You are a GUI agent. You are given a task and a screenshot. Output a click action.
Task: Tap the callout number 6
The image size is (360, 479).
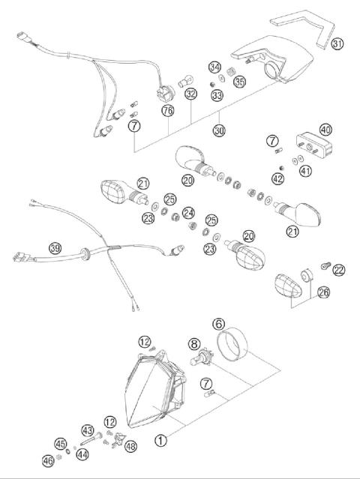[x=218, y=324]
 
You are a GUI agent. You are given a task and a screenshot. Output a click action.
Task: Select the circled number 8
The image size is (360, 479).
[x=193, y=345]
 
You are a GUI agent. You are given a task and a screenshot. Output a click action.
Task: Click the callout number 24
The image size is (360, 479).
[x=188, y=211]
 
